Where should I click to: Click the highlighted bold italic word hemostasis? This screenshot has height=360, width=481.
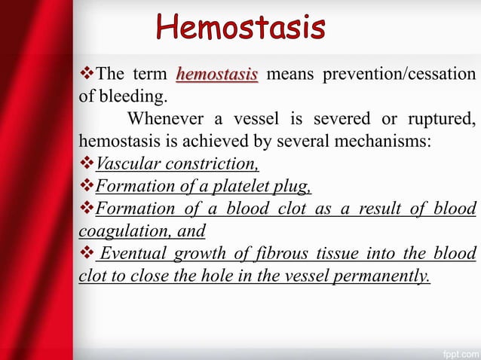coord(217,74)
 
